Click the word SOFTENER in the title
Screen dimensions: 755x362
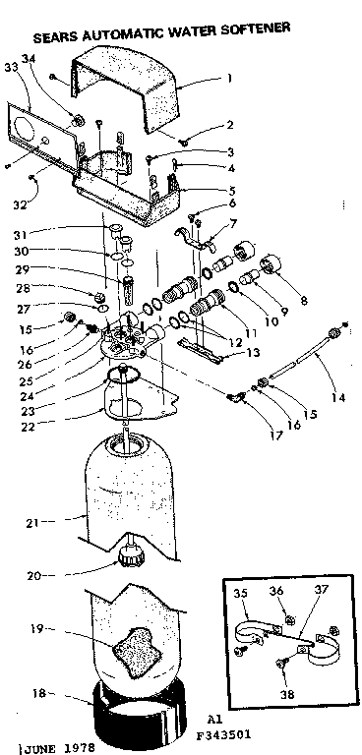pyautogui.click(x=257, y=31)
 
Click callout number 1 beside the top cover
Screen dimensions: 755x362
pyautogui.click(x=229, y=77)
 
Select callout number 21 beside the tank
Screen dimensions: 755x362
pyautogui.click(x=32, y=522)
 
